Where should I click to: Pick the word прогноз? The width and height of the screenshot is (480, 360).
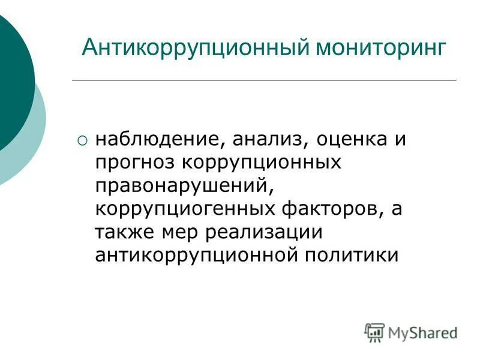[134, 164]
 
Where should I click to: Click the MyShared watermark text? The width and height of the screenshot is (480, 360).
[422, 332]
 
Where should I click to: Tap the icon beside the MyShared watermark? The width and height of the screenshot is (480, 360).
[374, 332]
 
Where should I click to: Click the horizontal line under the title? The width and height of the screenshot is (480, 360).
[264, 80]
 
